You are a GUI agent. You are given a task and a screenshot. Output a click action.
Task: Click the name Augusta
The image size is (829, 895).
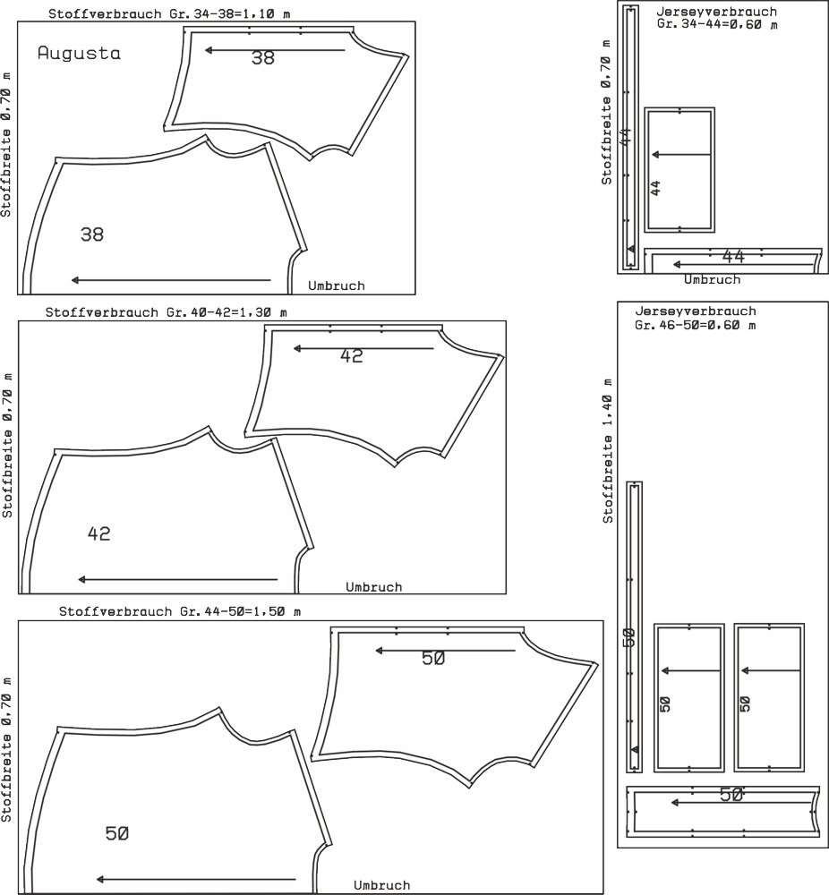coord(80,53)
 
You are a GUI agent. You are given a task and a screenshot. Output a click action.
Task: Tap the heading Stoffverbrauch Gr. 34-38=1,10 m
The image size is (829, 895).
coord(169,13)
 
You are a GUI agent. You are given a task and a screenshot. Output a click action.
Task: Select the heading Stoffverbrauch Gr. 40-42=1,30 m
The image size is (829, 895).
coord(167,312)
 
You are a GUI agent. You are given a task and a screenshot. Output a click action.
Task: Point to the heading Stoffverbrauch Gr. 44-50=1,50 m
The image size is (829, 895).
coord(180,611)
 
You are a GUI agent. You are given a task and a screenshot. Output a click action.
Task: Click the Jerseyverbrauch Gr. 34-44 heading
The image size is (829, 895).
coord(717,18)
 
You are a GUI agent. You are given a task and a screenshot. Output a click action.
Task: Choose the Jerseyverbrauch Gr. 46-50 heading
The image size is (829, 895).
coord(696,318)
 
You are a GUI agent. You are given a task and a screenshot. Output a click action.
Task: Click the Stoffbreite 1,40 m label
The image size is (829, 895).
coord(608,451)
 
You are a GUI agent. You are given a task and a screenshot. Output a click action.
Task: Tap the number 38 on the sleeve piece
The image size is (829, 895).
coord(263,58)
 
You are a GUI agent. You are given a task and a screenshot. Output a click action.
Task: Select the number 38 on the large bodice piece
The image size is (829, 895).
coord(92,234)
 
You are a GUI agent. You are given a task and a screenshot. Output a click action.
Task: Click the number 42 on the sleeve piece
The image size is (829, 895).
coord(352,356)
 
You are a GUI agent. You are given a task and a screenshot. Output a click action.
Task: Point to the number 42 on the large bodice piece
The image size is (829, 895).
coord(98,533)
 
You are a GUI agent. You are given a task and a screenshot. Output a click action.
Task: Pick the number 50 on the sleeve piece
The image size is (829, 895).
coord(433,658)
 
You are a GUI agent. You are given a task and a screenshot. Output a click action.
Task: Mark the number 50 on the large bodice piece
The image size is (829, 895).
coord(117,834)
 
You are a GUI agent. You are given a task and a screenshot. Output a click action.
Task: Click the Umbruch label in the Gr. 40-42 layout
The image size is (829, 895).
coord(374,587)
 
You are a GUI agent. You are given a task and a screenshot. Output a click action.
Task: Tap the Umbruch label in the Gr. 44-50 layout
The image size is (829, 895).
coord(382,885)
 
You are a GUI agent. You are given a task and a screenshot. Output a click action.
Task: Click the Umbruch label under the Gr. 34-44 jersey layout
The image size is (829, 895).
coord(712,279)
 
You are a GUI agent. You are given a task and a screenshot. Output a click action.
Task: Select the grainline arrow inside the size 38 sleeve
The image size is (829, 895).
coord(275,50)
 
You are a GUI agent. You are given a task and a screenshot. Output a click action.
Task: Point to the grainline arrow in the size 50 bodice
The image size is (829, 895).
coord(196,880)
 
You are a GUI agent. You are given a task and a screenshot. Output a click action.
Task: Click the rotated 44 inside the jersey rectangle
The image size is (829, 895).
coord(656,188)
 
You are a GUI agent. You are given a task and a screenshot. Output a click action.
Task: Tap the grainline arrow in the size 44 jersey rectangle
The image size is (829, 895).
coord(681,155)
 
